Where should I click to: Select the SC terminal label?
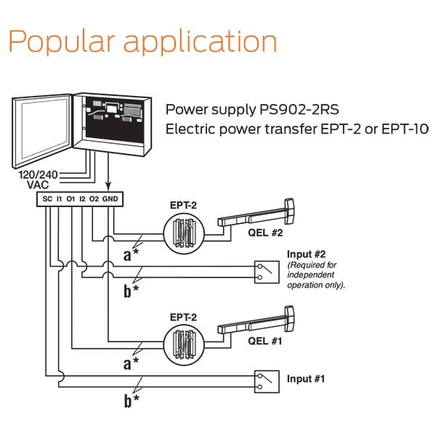(46, 198)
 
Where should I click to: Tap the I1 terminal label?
(58, 198)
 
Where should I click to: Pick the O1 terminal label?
(70, 198)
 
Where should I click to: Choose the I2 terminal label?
(83, 198)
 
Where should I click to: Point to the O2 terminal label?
(94, 198)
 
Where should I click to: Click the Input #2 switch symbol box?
(262, 271)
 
